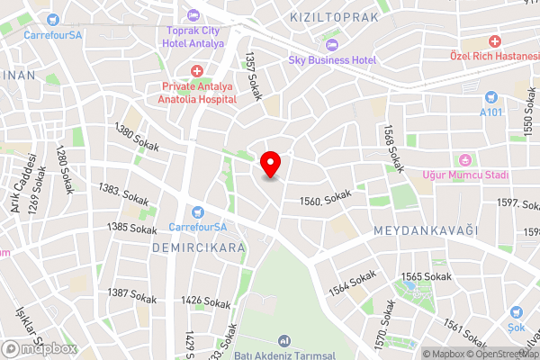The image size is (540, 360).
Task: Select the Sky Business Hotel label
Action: pyautogui.click(x=331, y=60)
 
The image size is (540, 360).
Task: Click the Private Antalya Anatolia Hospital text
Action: pyautogui.click(x=197, y=93)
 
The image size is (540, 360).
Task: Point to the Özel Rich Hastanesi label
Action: pyautogui.click(x=494, y=57)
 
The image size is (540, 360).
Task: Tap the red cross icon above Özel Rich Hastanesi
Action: pyautogui.click(x=494, y=41)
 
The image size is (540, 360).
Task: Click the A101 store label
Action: pyautogui.click(x=490, y=112)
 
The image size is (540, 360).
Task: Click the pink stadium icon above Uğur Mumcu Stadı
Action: pyautogui.click(x=465, y=159)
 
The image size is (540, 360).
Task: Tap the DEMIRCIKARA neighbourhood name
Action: pyautogui.click(x=198, y=246)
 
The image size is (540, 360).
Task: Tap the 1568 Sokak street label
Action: pyautogui.click(x=392, y=148)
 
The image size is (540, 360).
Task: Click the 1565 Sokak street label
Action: pyautogui.click(x=426, y=276)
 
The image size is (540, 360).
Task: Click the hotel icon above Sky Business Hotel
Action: pyautogui.click(x=331, y=45)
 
